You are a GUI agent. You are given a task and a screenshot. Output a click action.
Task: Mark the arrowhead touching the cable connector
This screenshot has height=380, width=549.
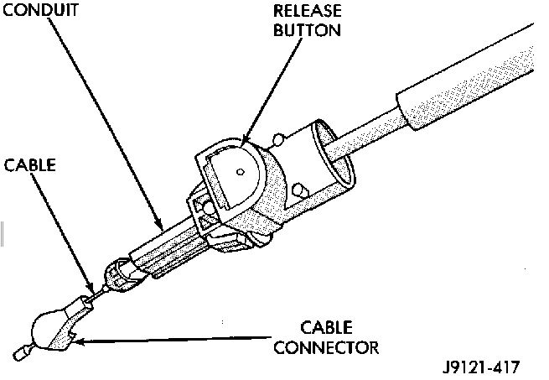tap(76, 340)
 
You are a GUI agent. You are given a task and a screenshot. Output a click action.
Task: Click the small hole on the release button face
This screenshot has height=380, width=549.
tap(241, 172)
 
